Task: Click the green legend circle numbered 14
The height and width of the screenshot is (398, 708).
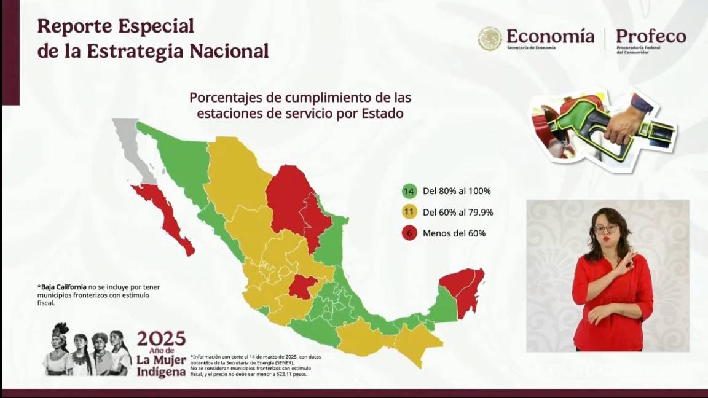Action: click(409, 191)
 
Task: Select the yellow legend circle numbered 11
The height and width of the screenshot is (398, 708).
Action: click(409, 213)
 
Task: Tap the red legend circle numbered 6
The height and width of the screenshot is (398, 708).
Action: click(409, 233)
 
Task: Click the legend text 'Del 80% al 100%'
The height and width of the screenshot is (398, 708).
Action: click(457, 191)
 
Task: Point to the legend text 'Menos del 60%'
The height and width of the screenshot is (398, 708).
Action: click(454, 233)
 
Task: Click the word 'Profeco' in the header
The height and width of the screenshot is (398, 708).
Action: click(651, 36)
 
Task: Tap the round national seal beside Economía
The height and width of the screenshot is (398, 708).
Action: click(490, 39)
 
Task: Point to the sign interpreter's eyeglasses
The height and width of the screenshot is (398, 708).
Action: click(606, 228)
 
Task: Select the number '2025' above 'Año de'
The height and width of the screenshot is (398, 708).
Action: click(161, 338)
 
